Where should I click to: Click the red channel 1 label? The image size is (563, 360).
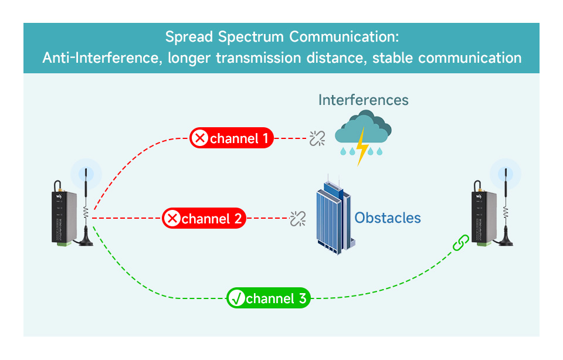point(232,138)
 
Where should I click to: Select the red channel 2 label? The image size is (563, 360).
point(204,218)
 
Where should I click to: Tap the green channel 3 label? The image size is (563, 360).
point(268,298)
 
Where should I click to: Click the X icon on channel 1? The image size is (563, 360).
point(199,138)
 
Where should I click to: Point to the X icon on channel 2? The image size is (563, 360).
point(172,218)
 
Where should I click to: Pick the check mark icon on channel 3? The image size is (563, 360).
point(236,298)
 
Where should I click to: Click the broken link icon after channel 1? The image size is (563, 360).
point(317,138)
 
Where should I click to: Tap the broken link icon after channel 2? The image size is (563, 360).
point(298,219)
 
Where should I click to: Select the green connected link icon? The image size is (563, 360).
point(461,243)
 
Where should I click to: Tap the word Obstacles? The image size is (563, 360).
point(388,218)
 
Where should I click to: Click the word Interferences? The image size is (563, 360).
point(364,100)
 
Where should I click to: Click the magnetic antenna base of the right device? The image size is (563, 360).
point(505,240)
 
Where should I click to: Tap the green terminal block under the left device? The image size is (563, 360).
point(64,244)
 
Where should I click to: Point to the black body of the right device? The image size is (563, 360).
point(484,217)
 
